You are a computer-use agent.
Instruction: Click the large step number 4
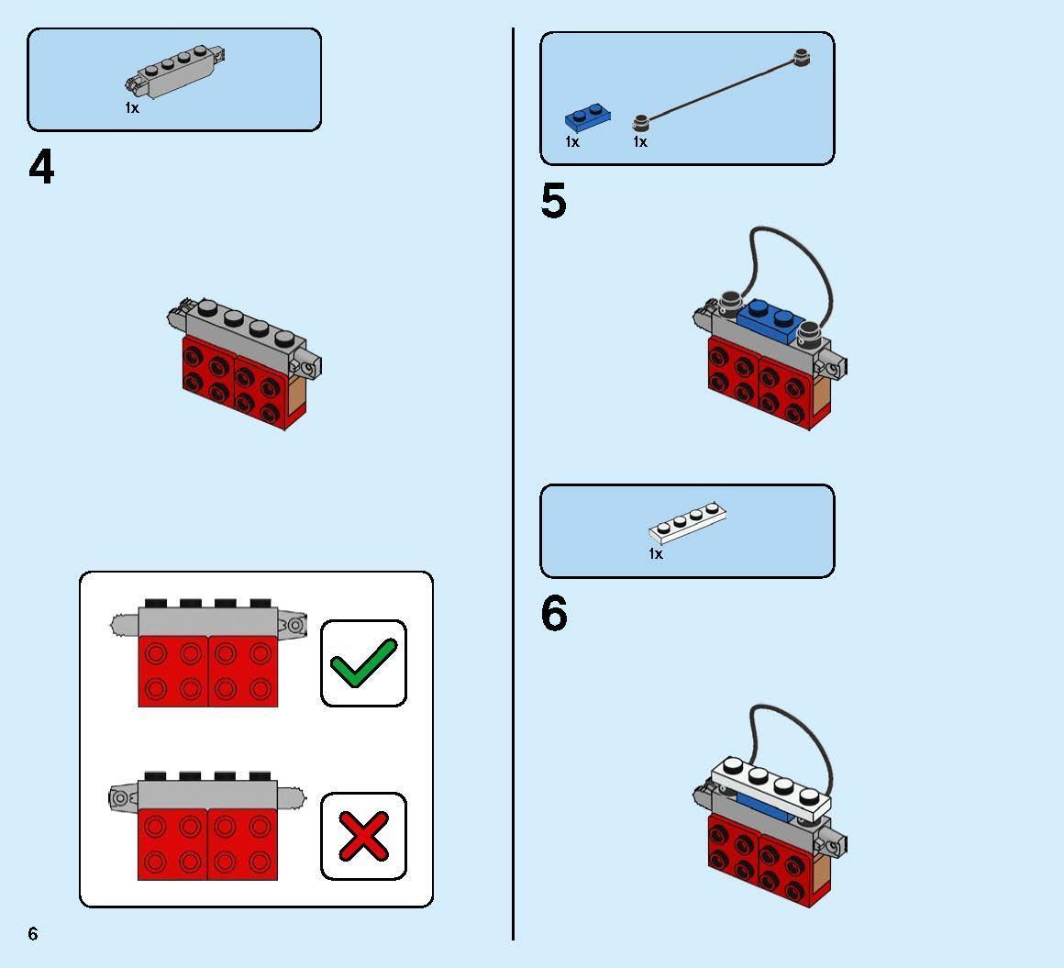(x=41, y=168)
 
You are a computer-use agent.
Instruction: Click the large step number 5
(x=553, y=201)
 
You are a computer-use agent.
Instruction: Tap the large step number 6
(x=554, y=614)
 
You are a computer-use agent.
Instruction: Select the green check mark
(x=363, y=662)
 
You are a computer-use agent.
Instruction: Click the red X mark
(x=363, y=835)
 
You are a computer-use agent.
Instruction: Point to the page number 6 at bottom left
(x=33, y=933)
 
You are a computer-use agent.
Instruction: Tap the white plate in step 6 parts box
(x=688, y=523)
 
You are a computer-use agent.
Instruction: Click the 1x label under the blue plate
(x=572, y=142)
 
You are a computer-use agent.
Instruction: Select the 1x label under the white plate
(x=655, y=554)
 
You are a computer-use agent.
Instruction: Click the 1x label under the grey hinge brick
(x=132, y=108)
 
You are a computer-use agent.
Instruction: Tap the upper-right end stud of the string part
(x=804, y=58)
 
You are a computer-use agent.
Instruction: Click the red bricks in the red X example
(x=207, y=844)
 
